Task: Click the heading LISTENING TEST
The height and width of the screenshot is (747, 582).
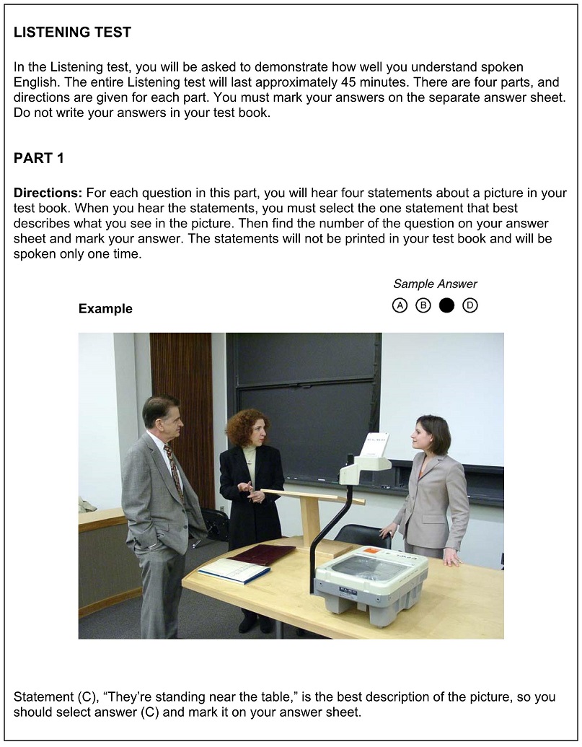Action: pyautogui.click(x=72, y=32)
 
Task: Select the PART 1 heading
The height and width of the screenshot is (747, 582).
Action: pyautogui.click(x=39, y=159)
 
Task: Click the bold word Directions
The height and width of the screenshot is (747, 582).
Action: pyautogui.click(x=48, y=193)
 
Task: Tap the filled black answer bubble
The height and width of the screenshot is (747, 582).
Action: pyautogui.click(x=446, y=305)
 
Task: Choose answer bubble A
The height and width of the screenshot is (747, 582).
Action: pyautogui.click(x=400, y=305)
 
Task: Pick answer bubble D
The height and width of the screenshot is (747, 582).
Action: pyautogui.click(x=470, y=305)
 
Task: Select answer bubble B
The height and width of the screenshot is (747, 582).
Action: pyautogui.click(x=423, y=305)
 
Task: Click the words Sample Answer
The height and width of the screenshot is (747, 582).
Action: pyautogui.click(x=435, y=284)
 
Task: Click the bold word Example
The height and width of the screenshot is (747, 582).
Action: pyautogui.click(x=105, y=309)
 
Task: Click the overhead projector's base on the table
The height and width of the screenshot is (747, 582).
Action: pyautogui.click(x=371, y=581)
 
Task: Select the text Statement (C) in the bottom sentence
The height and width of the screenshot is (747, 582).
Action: pyautogui.click(x=54, y=698)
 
